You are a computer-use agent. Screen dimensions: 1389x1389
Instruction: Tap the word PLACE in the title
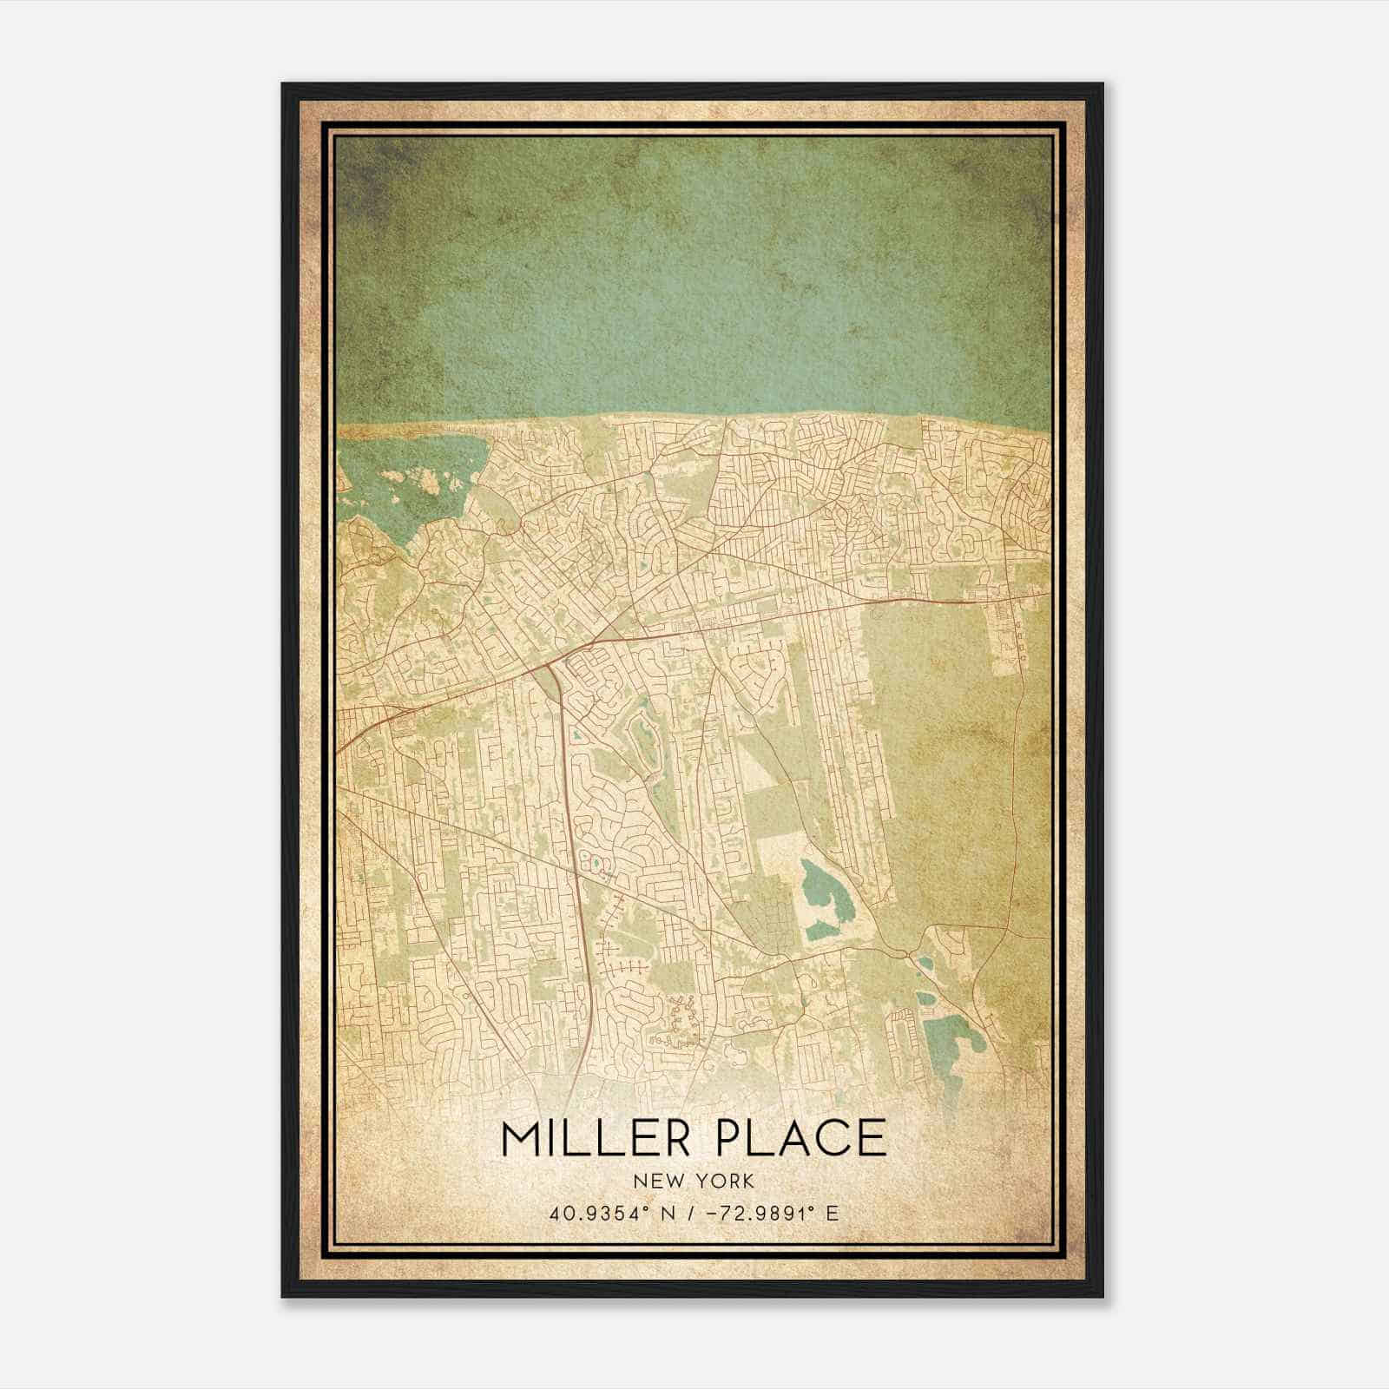800,1137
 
